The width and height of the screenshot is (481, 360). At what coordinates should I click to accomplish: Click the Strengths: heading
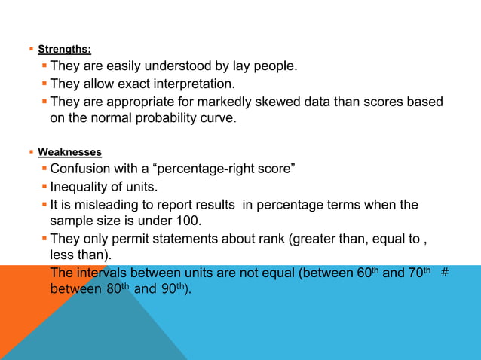65,50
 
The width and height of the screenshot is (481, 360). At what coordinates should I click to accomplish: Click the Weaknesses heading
70,152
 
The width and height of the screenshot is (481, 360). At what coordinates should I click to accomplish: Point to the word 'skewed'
286,102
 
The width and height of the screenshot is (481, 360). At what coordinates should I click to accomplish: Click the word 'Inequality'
79,186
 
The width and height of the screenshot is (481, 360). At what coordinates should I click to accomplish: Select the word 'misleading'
103,205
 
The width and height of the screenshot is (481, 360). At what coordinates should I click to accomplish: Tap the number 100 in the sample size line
191,221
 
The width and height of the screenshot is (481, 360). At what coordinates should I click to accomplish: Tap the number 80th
111,288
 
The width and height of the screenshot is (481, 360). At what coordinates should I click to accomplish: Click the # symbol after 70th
445,273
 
